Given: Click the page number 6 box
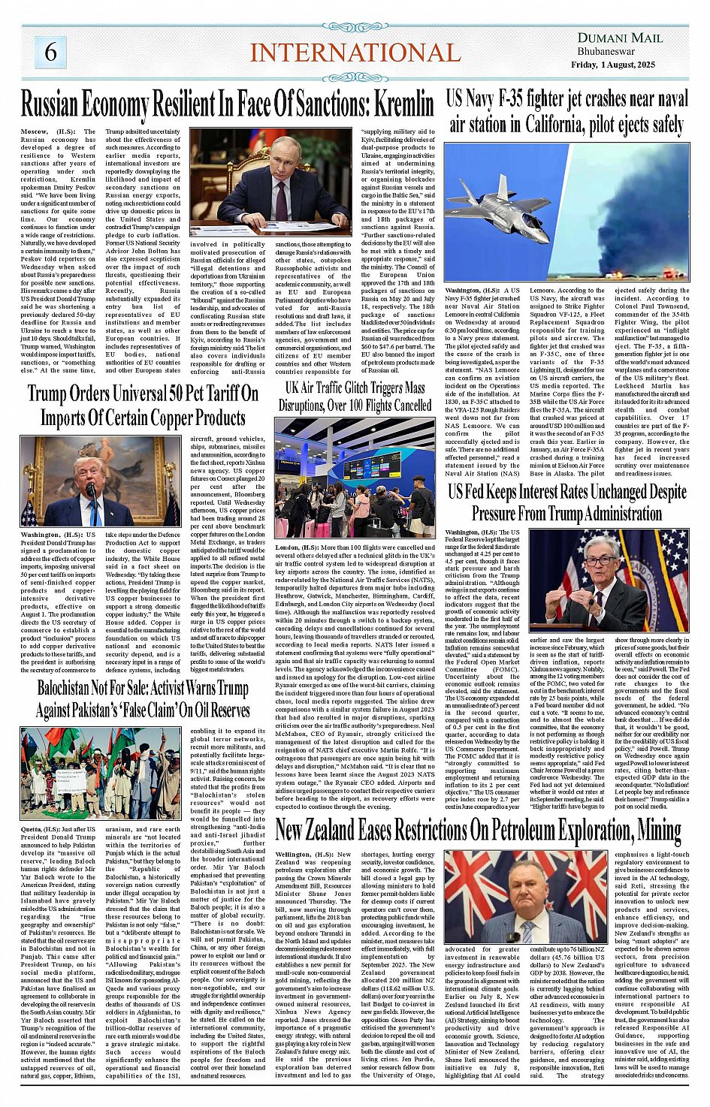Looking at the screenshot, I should [x=50, y=52].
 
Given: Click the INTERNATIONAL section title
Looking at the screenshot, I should [x=355, y=53].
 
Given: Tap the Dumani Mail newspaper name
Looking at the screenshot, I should [x=620, y=38].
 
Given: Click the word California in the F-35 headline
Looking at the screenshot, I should [x=548, y=124].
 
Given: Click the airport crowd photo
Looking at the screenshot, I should [x=355, y=478].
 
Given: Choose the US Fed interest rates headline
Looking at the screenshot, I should [x=567, y=502].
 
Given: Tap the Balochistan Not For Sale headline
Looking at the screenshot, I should [x=143, y=698].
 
